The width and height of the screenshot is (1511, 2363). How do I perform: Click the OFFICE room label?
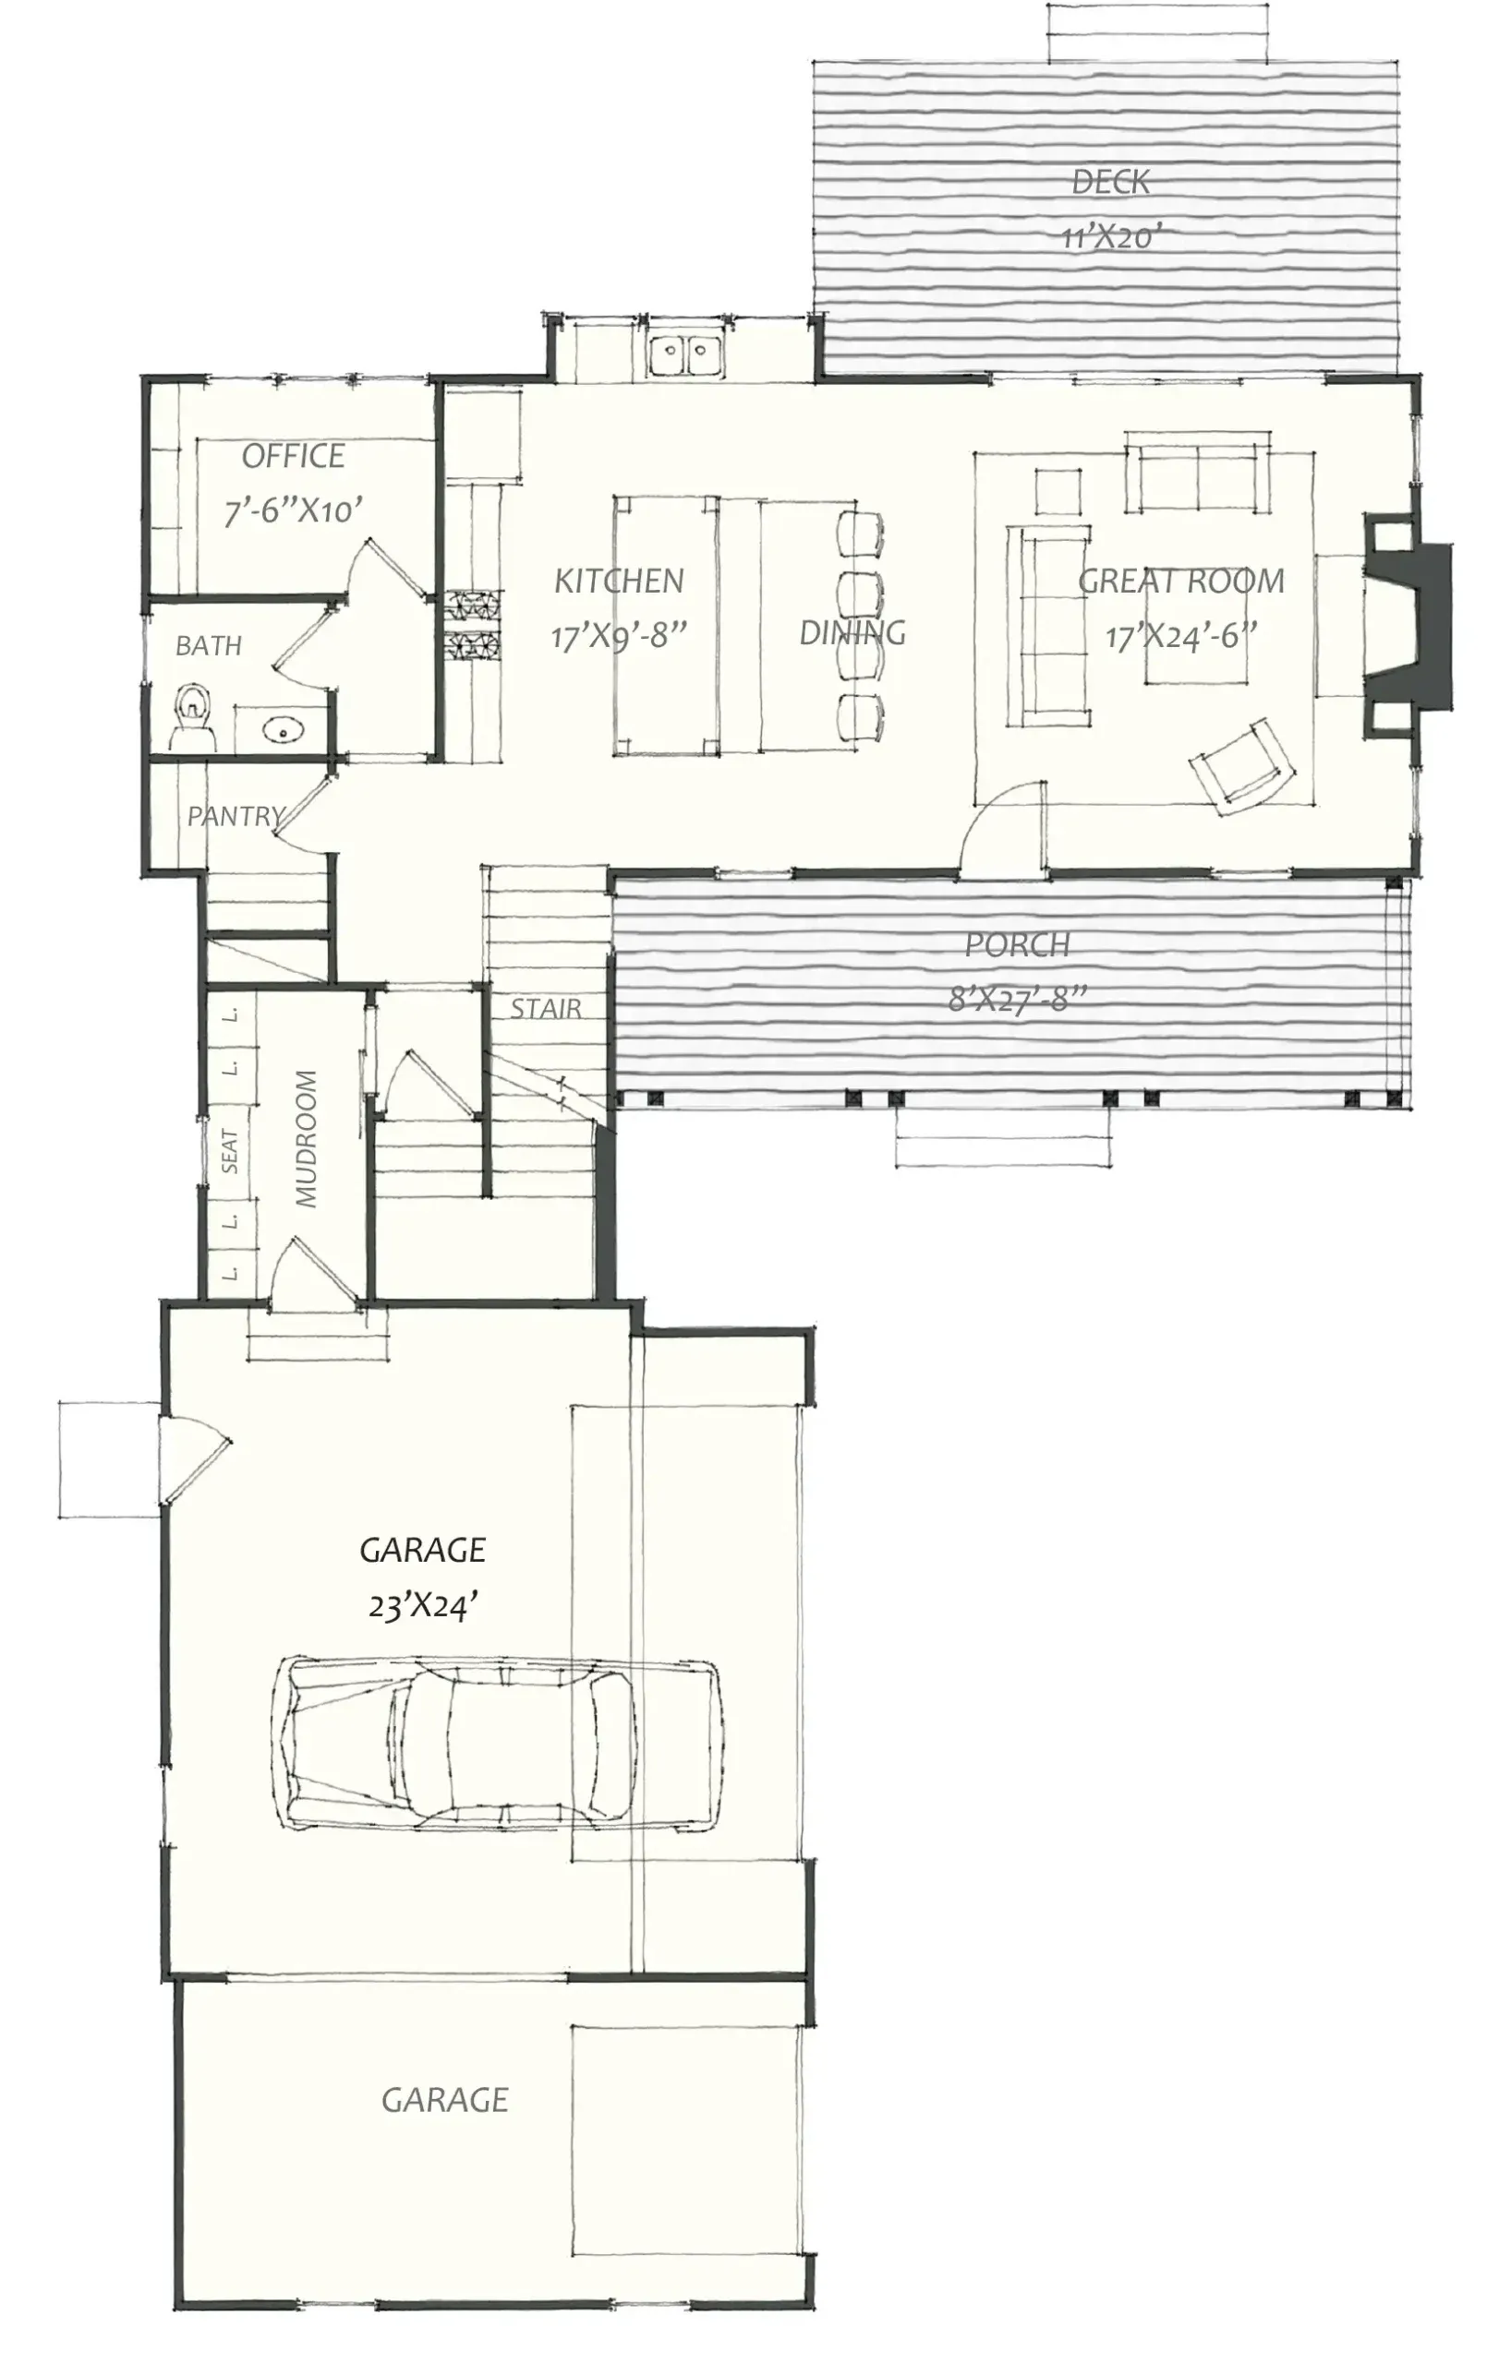tap(293, 456)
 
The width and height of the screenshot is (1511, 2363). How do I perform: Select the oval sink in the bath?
tap(284, 729)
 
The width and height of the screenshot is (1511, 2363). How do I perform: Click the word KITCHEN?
tap(619, 581)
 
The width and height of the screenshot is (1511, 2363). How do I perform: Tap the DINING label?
tap(852, 633)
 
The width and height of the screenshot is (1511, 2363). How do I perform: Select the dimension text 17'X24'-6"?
tap(1181, 637)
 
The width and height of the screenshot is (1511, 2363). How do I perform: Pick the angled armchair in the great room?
tap(1241, 766)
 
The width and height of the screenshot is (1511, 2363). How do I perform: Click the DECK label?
tap(1110, 182)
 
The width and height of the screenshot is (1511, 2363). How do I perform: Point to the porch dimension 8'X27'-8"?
tap(1017, 1000)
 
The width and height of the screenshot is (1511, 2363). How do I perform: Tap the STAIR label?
tap(546, 1008)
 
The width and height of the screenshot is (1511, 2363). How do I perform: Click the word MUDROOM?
tap(307, 1138)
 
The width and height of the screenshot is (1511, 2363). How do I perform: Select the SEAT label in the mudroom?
tap(230, 1151)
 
